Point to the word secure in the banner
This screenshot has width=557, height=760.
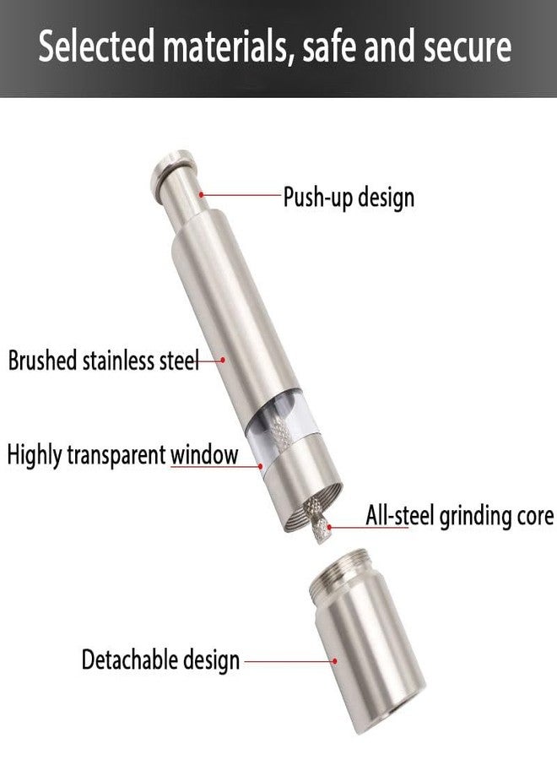tap(468, 47)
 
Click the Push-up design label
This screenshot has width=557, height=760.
tap(349, 198)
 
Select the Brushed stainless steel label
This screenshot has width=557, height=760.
tap(104, 361)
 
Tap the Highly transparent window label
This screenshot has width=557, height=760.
tap(122, 455)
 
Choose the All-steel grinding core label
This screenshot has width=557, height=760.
tap(460, 515)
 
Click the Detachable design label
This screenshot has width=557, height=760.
tap(161, 660)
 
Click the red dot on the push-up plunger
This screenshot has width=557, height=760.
tap(201, 194)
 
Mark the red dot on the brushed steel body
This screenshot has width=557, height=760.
tap(222, 360)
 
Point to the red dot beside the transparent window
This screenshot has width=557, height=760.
tap(261, 466)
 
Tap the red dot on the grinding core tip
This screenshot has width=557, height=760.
tap(330, 527)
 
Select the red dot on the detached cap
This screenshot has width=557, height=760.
tap(334, 660)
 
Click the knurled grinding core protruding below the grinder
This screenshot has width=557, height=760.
tap(317, 521)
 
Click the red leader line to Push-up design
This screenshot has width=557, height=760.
tap(241, 194)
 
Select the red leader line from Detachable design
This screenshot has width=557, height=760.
tap(289, 660)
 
